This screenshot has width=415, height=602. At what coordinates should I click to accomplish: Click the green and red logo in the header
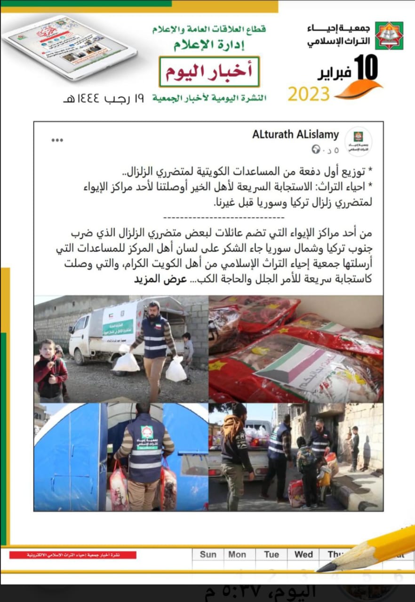click(x=389, y=35)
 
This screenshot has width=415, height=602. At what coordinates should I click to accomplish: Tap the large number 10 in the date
click(x=366, y=67)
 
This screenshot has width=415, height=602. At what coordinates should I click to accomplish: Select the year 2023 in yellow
click(x=309, y=94)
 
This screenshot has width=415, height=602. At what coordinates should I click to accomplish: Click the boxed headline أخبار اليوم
click(x=209, y=71)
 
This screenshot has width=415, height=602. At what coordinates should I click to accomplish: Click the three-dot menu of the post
click(x=57, y=140)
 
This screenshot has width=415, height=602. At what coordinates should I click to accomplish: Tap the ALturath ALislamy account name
click(x=295, y=135)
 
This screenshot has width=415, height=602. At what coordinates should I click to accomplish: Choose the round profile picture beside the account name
click(x=358, y=142)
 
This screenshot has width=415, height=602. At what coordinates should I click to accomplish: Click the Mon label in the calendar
click(x=237, y=554)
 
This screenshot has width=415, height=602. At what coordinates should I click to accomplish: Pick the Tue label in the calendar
click(x=271, y=554)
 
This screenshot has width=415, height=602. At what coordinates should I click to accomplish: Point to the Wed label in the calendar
click(x=303, y=554)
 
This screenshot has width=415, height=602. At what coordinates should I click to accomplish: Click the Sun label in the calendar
click(x=208, y=554)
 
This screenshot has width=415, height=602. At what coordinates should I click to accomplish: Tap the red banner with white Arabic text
click(x=73, y=555)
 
